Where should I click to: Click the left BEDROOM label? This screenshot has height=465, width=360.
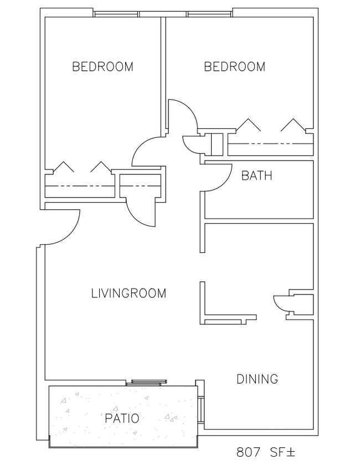(x=102, y=66)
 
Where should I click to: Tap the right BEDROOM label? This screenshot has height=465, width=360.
(x=234, y=66)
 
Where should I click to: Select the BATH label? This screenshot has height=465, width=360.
(x=257, y=175)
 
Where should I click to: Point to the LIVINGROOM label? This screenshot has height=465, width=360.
(x=128, y=293)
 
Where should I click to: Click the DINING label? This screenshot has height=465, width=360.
(x=258, y=379)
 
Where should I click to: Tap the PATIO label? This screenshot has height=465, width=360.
(x=122, y=418)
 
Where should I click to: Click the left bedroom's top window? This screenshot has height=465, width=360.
(x=116, y=14)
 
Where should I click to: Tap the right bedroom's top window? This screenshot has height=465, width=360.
(x=209, y=14)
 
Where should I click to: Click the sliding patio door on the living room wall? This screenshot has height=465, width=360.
(x=146, y=383)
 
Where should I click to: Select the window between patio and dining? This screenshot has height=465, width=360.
(x=201, y=409)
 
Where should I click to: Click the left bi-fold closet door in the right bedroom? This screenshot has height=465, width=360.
(x=248, y=124)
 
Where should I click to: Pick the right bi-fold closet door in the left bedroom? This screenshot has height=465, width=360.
(x=101, y=167)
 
